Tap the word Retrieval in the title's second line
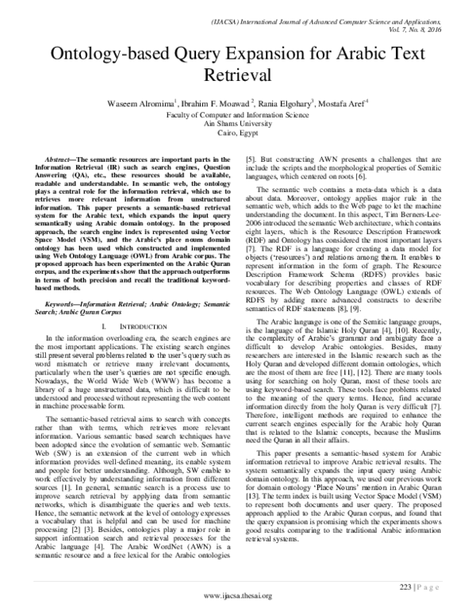[x=238, y=77]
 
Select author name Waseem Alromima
[x=155, y=102]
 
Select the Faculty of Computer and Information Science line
[x=238, y=114]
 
